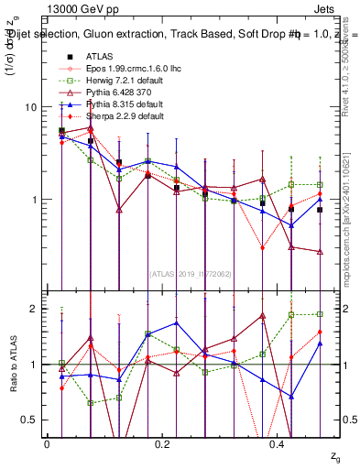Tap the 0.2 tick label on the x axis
pyautogui.click(x=162, y=443)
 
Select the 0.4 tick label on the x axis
pyautogui.click(x=278, y=443)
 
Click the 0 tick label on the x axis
pyautogui.click(x=47, y=443)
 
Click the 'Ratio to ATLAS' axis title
pyautogui.click(x=13, y=364)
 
